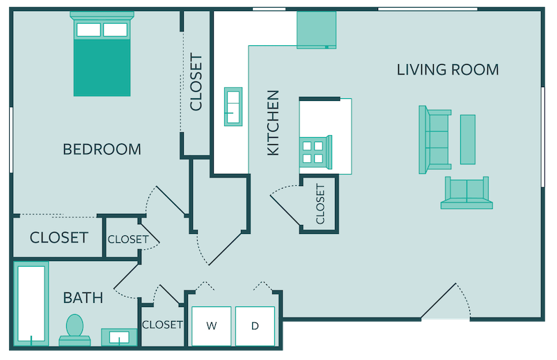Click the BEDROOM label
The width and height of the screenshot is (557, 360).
point(102,149)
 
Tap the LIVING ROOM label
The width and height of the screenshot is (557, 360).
point(448,70)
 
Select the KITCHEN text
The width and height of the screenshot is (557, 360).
point(274,123)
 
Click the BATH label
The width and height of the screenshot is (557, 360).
point(83,298)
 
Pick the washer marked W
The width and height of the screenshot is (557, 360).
point(211,325)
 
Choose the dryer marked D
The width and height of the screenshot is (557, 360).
point(255,325)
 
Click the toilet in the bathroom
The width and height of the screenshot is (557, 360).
point(74,329)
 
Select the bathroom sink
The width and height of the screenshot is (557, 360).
point(119,337)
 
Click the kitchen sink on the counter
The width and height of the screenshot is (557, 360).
point(233,107)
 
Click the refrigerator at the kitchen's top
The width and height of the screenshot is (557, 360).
point(316,30)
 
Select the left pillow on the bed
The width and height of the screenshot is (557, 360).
point(88,30)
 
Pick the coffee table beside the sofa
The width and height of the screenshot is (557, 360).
point(468,139)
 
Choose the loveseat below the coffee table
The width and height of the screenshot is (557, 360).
point(466,193)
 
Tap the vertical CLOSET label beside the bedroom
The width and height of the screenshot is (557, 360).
point(196,82)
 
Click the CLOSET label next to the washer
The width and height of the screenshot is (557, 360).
point(162,324)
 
